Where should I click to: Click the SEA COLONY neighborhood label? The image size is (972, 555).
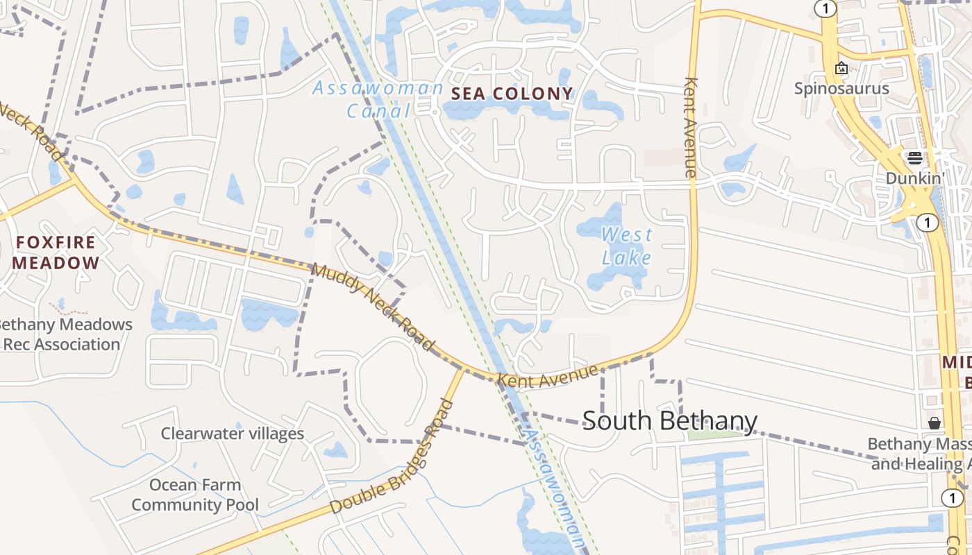click(512, 94)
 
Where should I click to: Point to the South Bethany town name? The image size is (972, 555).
click(669, 420)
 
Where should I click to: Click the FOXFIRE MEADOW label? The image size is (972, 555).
click(56, 253)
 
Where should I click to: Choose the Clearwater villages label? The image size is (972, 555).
click(233, 434)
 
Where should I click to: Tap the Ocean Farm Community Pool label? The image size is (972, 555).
click(195, 495)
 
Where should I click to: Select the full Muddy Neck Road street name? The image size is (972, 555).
click(373, 307)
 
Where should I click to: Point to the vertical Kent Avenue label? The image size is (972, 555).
click(690, 127)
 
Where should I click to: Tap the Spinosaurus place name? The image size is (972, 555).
click(841, 89)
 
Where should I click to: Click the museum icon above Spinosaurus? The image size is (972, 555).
click(841, 68)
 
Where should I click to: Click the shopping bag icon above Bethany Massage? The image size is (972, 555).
click(935, 422)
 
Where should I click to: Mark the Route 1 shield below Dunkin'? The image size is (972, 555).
click(927, 223)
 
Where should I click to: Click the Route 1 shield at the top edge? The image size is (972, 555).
click(825, 8)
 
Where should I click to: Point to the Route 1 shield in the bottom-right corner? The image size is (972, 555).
click(953, 497)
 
